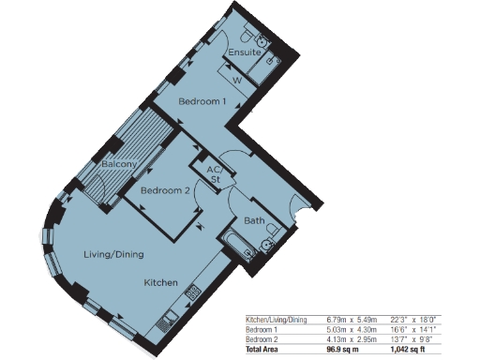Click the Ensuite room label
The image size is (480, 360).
tap(244, 53)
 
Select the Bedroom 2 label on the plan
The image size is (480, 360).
tap(165, 190)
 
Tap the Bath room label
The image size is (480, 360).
tap(254, 221)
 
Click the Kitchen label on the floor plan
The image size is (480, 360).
tap(160, 281)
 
